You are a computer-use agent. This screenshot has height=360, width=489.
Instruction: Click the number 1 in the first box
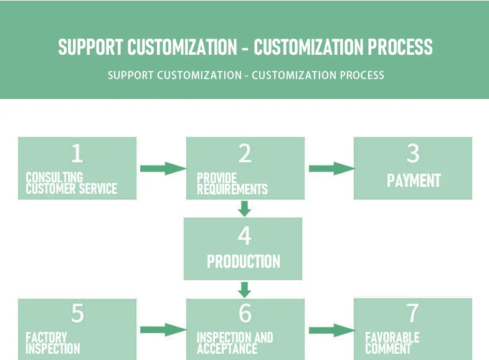[x=77, y=153]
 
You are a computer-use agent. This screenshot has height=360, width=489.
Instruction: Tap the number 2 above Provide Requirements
[x=245, y=153]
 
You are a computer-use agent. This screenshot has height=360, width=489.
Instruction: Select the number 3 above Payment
[x=413, y=153]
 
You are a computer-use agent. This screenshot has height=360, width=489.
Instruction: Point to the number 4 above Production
[x=244, y=235]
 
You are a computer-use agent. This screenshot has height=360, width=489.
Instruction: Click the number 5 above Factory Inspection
[x=77, y=313]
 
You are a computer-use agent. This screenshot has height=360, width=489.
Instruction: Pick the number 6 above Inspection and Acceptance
[x=245, y=313]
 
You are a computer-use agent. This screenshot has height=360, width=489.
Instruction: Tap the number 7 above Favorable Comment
[x=413, y=313]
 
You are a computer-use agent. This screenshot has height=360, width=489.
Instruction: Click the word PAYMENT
[x=414, y=181]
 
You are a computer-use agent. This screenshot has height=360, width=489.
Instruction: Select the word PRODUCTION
[x=244, y=261]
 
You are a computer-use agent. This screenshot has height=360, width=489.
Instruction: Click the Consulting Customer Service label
[x=71, y=183]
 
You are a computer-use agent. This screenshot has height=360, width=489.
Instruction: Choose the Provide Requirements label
[x=232, y=183]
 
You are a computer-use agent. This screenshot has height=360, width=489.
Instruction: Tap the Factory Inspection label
[x=52, y=343]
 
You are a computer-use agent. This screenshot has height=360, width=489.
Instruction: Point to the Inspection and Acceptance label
[x=235, y=343]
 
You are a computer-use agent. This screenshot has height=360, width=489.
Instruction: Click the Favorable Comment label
[x=392, y=343]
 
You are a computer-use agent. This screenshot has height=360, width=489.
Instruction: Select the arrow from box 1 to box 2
[x=163, y=168]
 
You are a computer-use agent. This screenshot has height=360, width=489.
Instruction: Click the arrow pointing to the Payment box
[x=331, y=168]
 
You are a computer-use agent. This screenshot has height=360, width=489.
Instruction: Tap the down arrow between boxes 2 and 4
[x=245, y=209]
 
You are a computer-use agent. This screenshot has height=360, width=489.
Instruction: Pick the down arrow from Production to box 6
[x=245, y=290]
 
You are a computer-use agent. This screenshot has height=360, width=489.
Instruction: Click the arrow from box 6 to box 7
[x=331, y=330]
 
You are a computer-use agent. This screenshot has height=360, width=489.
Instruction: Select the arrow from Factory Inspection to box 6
[x=163, y=330]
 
